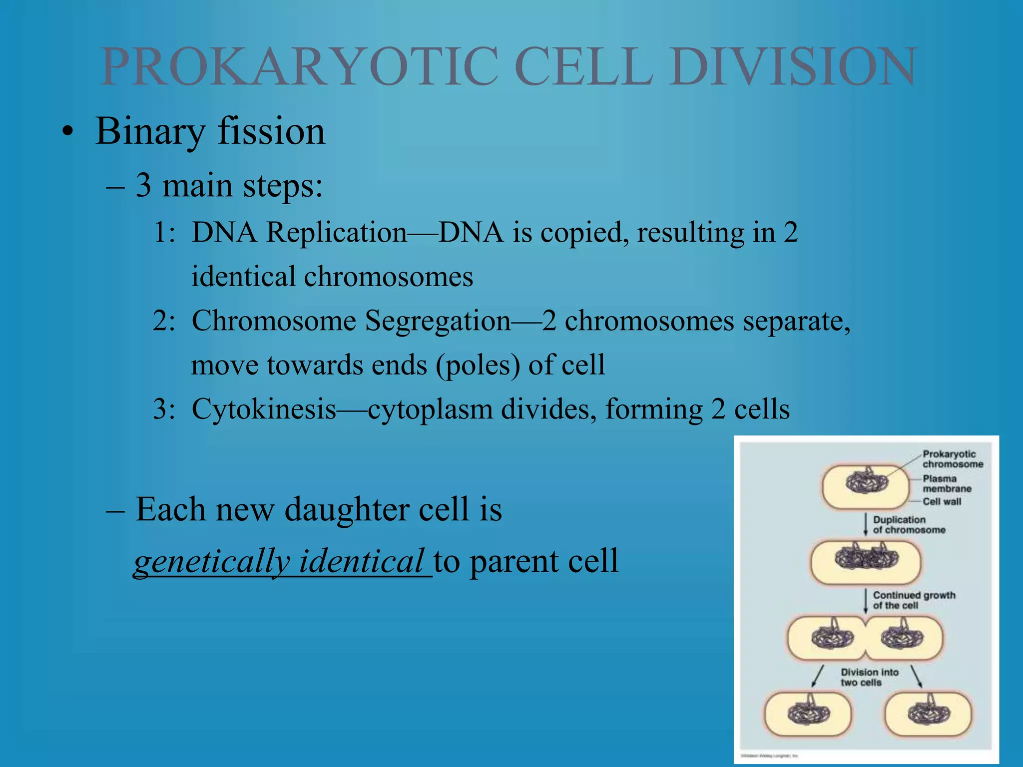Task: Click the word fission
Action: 271,131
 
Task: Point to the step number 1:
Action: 164,233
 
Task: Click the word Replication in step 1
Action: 336,233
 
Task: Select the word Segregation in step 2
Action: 438,321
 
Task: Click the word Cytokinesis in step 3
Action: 264,409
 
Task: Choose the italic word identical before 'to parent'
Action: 361,562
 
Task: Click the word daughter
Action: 347,510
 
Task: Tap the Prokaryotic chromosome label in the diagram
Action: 952,459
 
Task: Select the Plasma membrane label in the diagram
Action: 946,483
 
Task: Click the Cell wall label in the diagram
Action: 941,501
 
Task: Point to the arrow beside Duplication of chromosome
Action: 866,524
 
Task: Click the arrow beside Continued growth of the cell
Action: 866,600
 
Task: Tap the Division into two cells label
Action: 869,677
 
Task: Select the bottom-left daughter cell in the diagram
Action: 808,714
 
